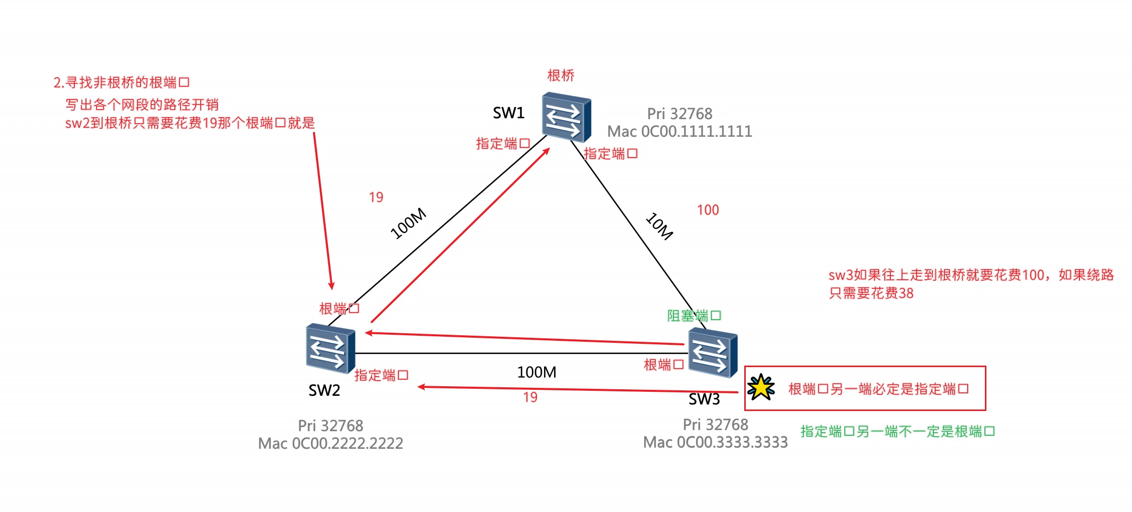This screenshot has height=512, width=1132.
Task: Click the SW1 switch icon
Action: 566,117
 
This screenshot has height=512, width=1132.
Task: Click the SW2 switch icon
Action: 330,348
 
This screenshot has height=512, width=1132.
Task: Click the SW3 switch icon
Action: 713,352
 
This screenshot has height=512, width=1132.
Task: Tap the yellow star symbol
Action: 761,388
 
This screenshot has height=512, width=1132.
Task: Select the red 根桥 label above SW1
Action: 561,76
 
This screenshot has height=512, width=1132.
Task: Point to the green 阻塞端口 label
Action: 694,316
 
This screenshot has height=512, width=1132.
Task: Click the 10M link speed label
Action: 659,226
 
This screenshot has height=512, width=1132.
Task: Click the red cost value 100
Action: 708,210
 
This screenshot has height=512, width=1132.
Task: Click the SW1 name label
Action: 509,113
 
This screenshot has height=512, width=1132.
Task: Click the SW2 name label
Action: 324,390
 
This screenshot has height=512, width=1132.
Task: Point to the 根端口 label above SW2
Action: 339,309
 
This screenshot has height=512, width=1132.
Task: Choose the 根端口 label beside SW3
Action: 663,365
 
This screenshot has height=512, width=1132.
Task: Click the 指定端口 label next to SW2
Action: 381,375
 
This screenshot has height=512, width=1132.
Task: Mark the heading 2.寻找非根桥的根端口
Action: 121,82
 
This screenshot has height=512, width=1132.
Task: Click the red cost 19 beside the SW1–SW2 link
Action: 376,197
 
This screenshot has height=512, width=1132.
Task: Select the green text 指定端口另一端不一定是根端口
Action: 897,431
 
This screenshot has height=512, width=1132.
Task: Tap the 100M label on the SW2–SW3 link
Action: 536,372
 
